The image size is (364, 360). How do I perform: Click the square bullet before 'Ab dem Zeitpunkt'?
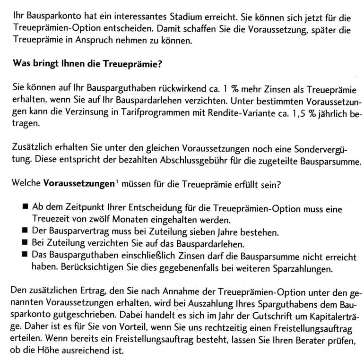click(25, 208)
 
